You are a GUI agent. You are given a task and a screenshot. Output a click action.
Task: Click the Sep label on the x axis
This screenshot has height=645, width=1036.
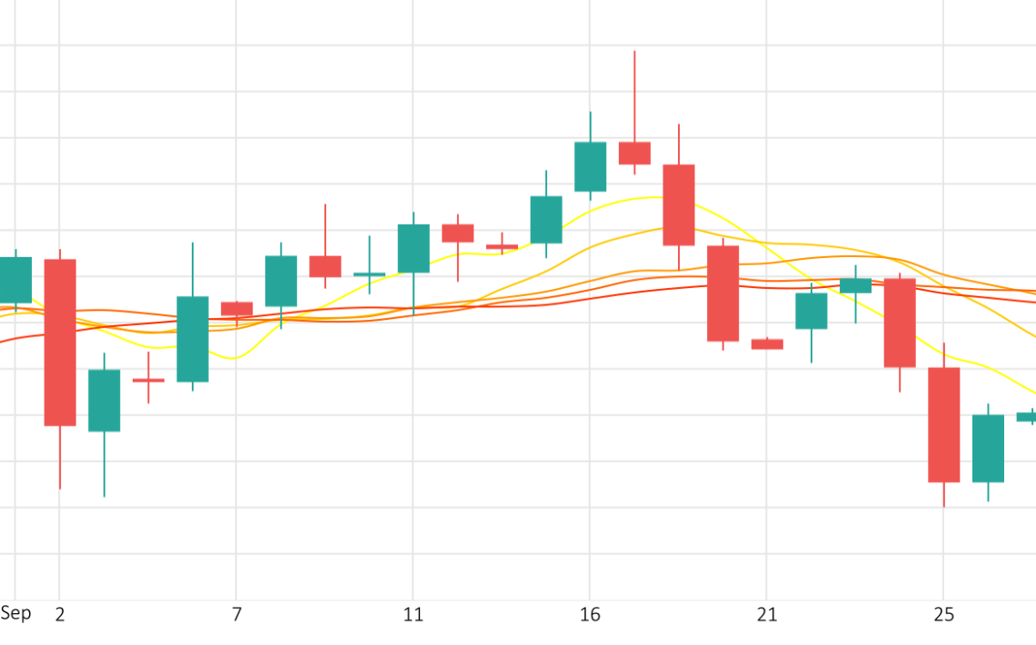pos(15,613)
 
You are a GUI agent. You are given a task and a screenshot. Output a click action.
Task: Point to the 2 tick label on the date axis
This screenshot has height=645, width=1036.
pos(60,615)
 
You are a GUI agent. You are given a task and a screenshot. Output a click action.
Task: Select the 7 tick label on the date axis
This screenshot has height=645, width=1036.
pos(236,615)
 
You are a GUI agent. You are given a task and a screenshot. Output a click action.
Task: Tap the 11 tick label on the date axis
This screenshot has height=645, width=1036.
pos(413,615)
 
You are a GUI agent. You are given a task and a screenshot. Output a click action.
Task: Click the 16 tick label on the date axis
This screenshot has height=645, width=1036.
pos(590,615)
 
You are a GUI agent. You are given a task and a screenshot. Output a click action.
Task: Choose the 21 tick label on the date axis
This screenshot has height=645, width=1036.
pos(767,615)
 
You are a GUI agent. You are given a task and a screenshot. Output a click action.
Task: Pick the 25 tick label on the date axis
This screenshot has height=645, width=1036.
pos(943,615)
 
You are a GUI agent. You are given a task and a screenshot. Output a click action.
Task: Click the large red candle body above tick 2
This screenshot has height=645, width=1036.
pos(60,342)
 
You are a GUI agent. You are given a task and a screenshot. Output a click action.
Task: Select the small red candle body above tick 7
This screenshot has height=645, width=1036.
pos(236,309)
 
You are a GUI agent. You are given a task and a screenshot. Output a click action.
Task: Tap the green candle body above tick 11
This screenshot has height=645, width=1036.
pos(413,248)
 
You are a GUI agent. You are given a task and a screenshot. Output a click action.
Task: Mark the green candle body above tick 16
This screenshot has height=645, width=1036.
pos(590,166)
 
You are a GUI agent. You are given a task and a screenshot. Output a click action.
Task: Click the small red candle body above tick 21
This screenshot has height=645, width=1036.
pos(767,344)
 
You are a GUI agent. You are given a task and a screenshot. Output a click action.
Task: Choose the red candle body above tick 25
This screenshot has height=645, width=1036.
pos(943,424)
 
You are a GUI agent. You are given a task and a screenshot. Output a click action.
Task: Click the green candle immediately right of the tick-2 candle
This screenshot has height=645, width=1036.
pos(104,400)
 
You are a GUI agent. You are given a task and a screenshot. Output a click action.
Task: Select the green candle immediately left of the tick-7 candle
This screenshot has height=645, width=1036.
pos(193,339)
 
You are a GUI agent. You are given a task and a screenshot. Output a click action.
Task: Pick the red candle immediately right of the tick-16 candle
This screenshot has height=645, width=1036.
pos(634,153)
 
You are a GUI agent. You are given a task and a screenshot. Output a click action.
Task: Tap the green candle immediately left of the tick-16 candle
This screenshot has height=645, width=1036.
pos(546,220)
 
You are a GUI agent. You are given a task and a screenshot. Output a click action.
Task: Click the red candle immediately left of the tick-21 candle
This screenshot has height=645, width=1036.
pos(722,293)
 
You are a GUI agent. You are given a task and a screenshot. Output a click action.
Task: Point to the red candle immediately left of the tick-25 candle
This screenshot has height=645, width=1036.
pos(900,322)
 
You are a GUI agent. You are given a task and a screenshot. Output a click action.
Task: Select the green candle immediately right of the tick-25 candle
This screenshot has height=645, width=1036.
pos(988,448)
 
